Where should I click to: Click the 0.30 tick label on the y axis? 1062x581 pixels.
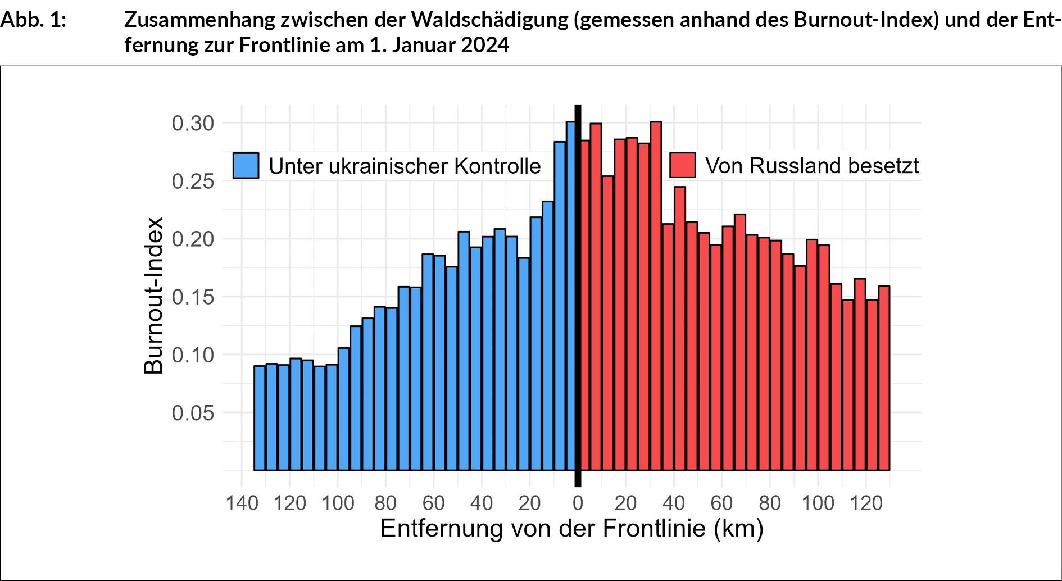tap(193, 124)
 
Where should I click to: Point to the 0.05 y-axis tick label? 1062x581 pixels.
tap(193, 414)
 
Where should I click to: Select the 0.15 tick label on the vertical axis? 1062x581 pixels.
tap(193, 297)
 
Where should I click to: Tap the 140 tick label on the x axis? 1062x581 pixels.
tap(242, 503)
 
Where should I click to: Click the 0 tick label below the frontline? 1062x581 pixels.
tap(578, 503)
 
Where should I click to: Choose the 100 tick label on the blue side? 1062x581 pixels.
tap(338, 503)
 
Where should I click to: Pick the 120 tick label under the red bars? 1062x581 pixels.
tap(866, 503)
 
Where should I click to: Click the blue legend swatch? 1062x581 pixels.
tap(246, 166)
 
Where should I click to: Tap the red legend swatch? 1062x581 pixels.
tap(683, 165)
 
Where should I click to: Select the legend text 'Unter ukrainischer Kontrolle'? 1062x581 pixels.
tap(405, 166)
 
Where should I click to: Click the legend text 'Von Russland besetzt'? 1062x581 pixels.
tap(812, 166)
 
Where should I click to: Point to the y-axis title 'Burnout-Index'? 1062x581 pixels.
tap(153, 296)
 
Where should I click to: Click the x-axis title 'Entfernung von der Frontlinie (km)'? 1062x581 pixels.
tap(571, 529)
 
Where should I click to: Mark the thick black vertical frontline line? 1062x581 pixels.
tap(578, 292)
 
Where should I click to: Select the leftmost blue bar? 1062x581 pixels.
tap(260, 418)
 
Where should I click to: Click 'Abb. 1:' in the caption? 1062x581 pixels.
tap(33, 20)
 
